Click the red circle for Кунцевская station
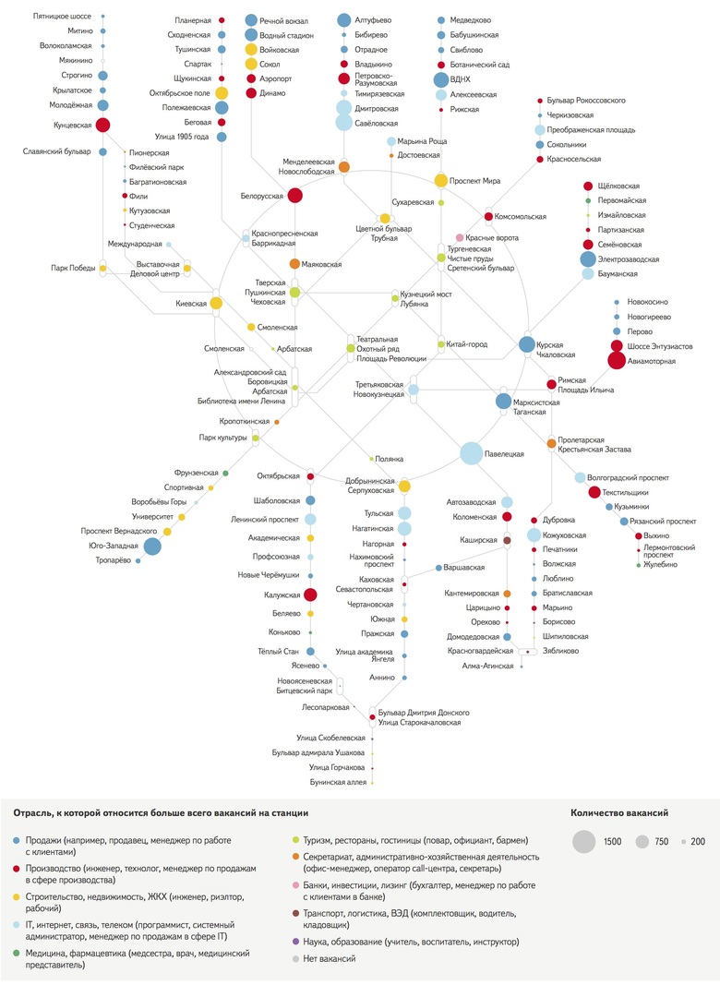103,125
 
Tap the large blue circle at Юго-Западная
152,547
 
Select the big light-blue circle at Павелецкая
472,453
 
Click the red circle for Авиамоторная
617,361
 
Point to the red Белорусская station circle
295,195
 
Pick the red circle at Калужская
310,595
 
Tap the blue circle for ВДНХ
441,79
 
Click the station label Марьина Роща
424,141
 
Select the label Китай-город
466,344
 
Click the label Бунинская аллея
338,782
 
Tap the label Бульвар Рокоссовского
588,99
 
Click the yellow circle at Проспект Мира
441,181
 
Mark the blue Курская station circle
526,344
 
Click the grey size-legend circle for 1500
583,841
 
